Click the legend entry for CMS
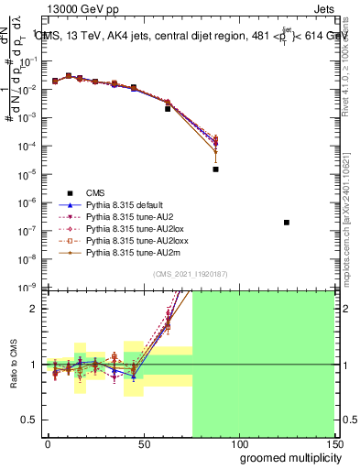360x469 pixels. tap(95, 192)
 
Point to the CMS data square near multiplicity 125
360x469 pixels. tap(287, 223)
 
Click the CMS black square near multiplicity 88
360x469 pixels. tap(216, 169)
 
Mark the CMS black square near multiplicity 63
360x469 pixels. tap(168, 109)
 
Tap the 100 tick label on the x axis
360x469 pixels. tap(239, 443)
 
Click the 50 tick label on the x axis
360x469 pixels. tap(143, 443)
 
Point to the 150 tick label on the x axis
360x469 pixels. tap(333, 443)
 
